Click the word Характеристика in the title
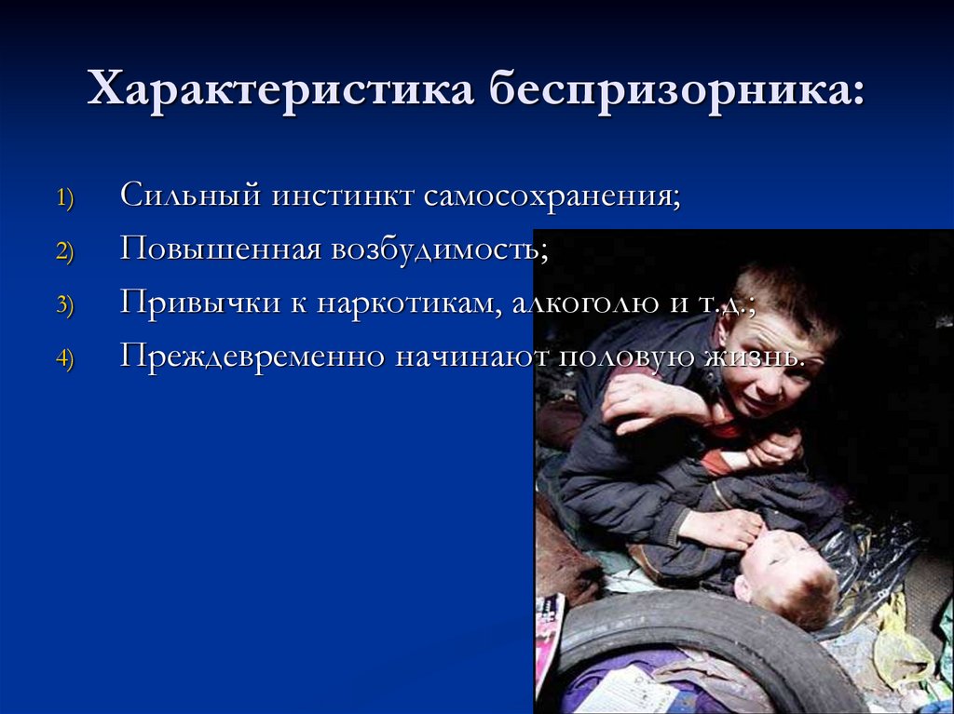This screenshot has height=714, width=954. click(x=279, y=92)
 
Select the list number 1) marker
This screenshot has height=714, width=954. click(x=70, y=199)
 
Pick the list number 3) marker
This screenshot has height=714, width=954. click(x=70, y=306)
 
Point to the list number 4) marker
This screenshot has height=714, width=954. click(x=70, y=360)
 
